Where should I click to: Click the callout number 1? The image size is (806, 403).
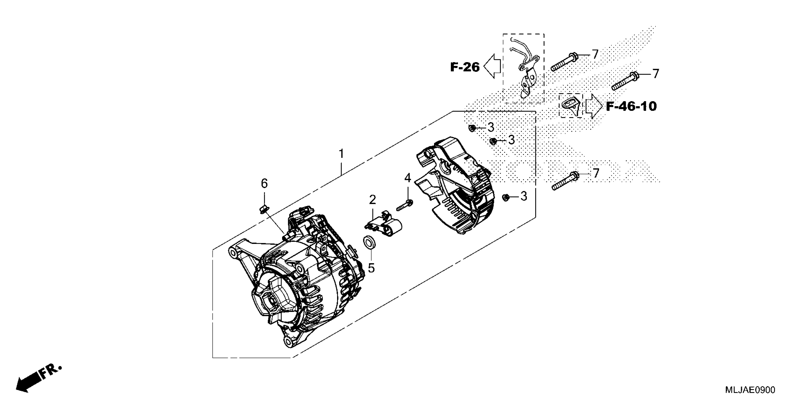tap(341, 154)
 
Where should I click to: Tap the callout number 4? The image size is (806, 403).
tap(407, 178)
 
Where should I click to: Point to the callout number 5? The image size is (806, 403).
tap(371, 268)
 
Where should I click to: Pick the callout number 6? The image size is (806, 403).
tap(264, 183)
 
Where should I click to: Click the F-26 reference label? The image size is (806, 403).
tap(465, 67)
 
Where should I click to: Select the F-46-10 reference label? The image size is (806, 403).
tap(631, 106)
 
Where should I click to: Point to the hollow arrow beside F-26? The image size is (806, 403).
tap(492, 66)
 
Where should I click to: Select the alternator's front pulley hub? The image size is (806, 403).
tap(269, 300)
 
